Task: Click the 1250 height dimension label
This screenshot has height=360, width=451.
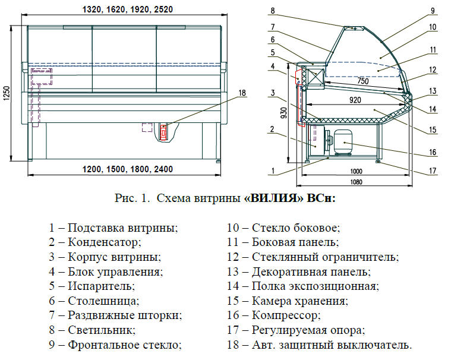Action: tap(7, 93)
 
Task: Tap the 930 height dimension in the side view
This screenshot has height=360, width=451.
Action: tap(283, 113)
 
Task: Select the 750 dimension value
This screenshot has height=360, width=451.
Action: tap(362, 81)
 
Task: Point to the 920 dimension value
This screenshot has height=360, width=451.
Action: tap(355, 100)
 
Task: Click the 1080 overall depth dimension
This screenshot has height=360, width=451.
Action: tap(356, 182)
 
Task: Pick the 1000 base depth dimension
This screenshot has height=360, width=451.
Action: tap(356, 171)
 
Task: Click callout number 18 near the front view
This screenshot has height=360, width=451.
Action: tap(242, 93)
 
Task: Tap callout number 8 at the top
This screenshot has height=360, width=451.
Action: tap(273, 11)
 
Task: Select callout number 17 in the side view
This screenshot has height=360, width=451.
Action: tap(433, 171)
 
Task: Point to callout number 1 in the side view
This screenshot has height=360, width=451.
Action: tap(273, 171)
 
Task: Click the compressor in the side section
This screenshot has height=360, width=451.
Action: tap(342, 142)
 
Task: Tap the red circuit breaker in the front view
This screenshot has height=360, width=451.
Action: tap(163, 132)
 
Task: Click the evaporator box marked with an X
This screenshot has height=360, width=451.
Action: tap(316, 74)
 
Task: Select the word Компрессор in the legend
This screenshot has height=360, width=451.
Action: tap(286, 315)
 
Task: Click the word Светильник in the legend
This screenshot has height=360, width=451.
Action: tap(102, 330)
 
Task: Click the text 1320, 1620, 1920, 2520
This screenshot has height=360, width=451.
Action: tap(128, 10)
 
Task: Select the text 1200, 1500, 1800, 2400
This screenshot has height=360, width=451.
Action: tap(128, 169)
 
